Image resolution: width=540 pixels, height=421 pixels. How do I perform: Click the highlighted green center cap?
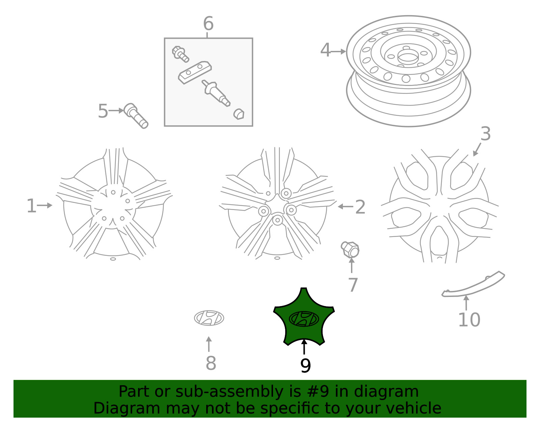tap(304, 318)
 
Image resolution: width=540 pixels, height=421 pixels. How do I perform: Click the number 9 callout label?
tap(305, 366)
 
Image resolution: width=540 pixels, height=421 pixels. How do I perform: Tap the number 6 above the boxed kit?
tap(208, 24)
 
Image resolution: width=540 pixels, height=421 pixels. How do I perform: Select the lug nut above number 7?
tap(350, 249)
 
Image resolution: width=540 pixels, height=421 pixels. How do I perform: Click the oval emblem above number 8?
tap(209, 318)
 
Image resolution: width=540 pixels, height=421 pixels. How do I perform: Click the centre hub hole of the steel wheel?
tap(408, 59)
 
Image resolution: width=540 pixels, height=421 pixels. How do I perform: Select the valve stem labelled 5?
tap(136, 116)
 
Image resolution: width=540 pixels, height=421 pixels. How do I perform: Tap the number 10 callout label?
tap(469, 320)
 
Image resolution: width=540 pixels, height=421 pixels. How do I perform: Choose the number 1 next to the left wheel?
tap(31, 206)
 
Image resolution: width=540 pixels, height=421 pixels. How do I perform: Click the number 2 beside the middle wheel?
tap(360, 207)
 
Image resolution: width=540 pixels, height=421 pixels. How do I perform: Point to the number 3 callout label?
tap(486, 134)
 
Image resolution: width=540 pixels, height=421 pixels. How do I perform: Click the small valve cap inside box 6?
tap(239, 114)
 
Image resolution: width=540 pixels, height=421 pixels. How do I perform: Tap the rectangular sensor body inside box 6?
tap(195, 72)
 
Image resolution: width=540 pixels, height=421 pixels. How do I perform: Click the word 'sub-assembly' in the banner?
tap(229, 391)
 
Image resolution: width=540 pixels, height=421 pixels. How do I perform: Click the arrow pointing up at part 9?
tap(304, 347)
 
